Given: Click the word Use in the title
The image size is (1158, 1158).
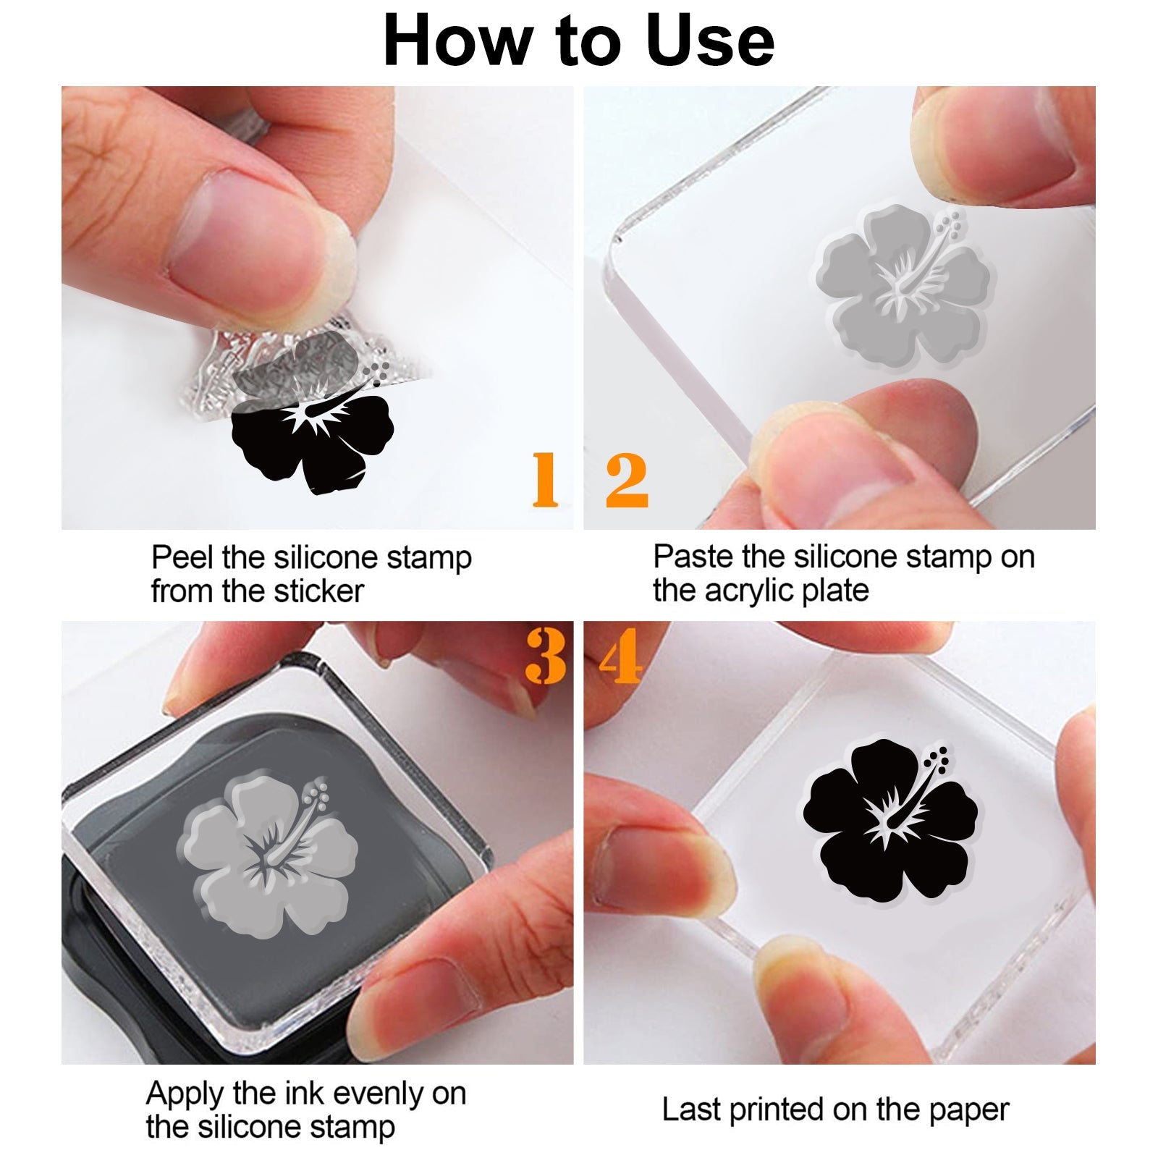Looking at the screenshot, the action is coord(709,41).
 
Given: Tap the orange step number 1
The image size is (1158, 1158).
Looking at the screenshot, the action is coord(546,479).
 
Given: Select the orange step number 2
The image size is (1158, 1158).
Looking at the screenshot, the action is coord(627,479).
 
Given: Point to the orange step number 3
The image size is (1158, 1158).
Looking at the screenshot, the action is coord(546,656).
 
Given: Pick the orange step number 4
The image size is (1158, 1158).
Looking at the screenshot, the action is coord(620,656).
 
